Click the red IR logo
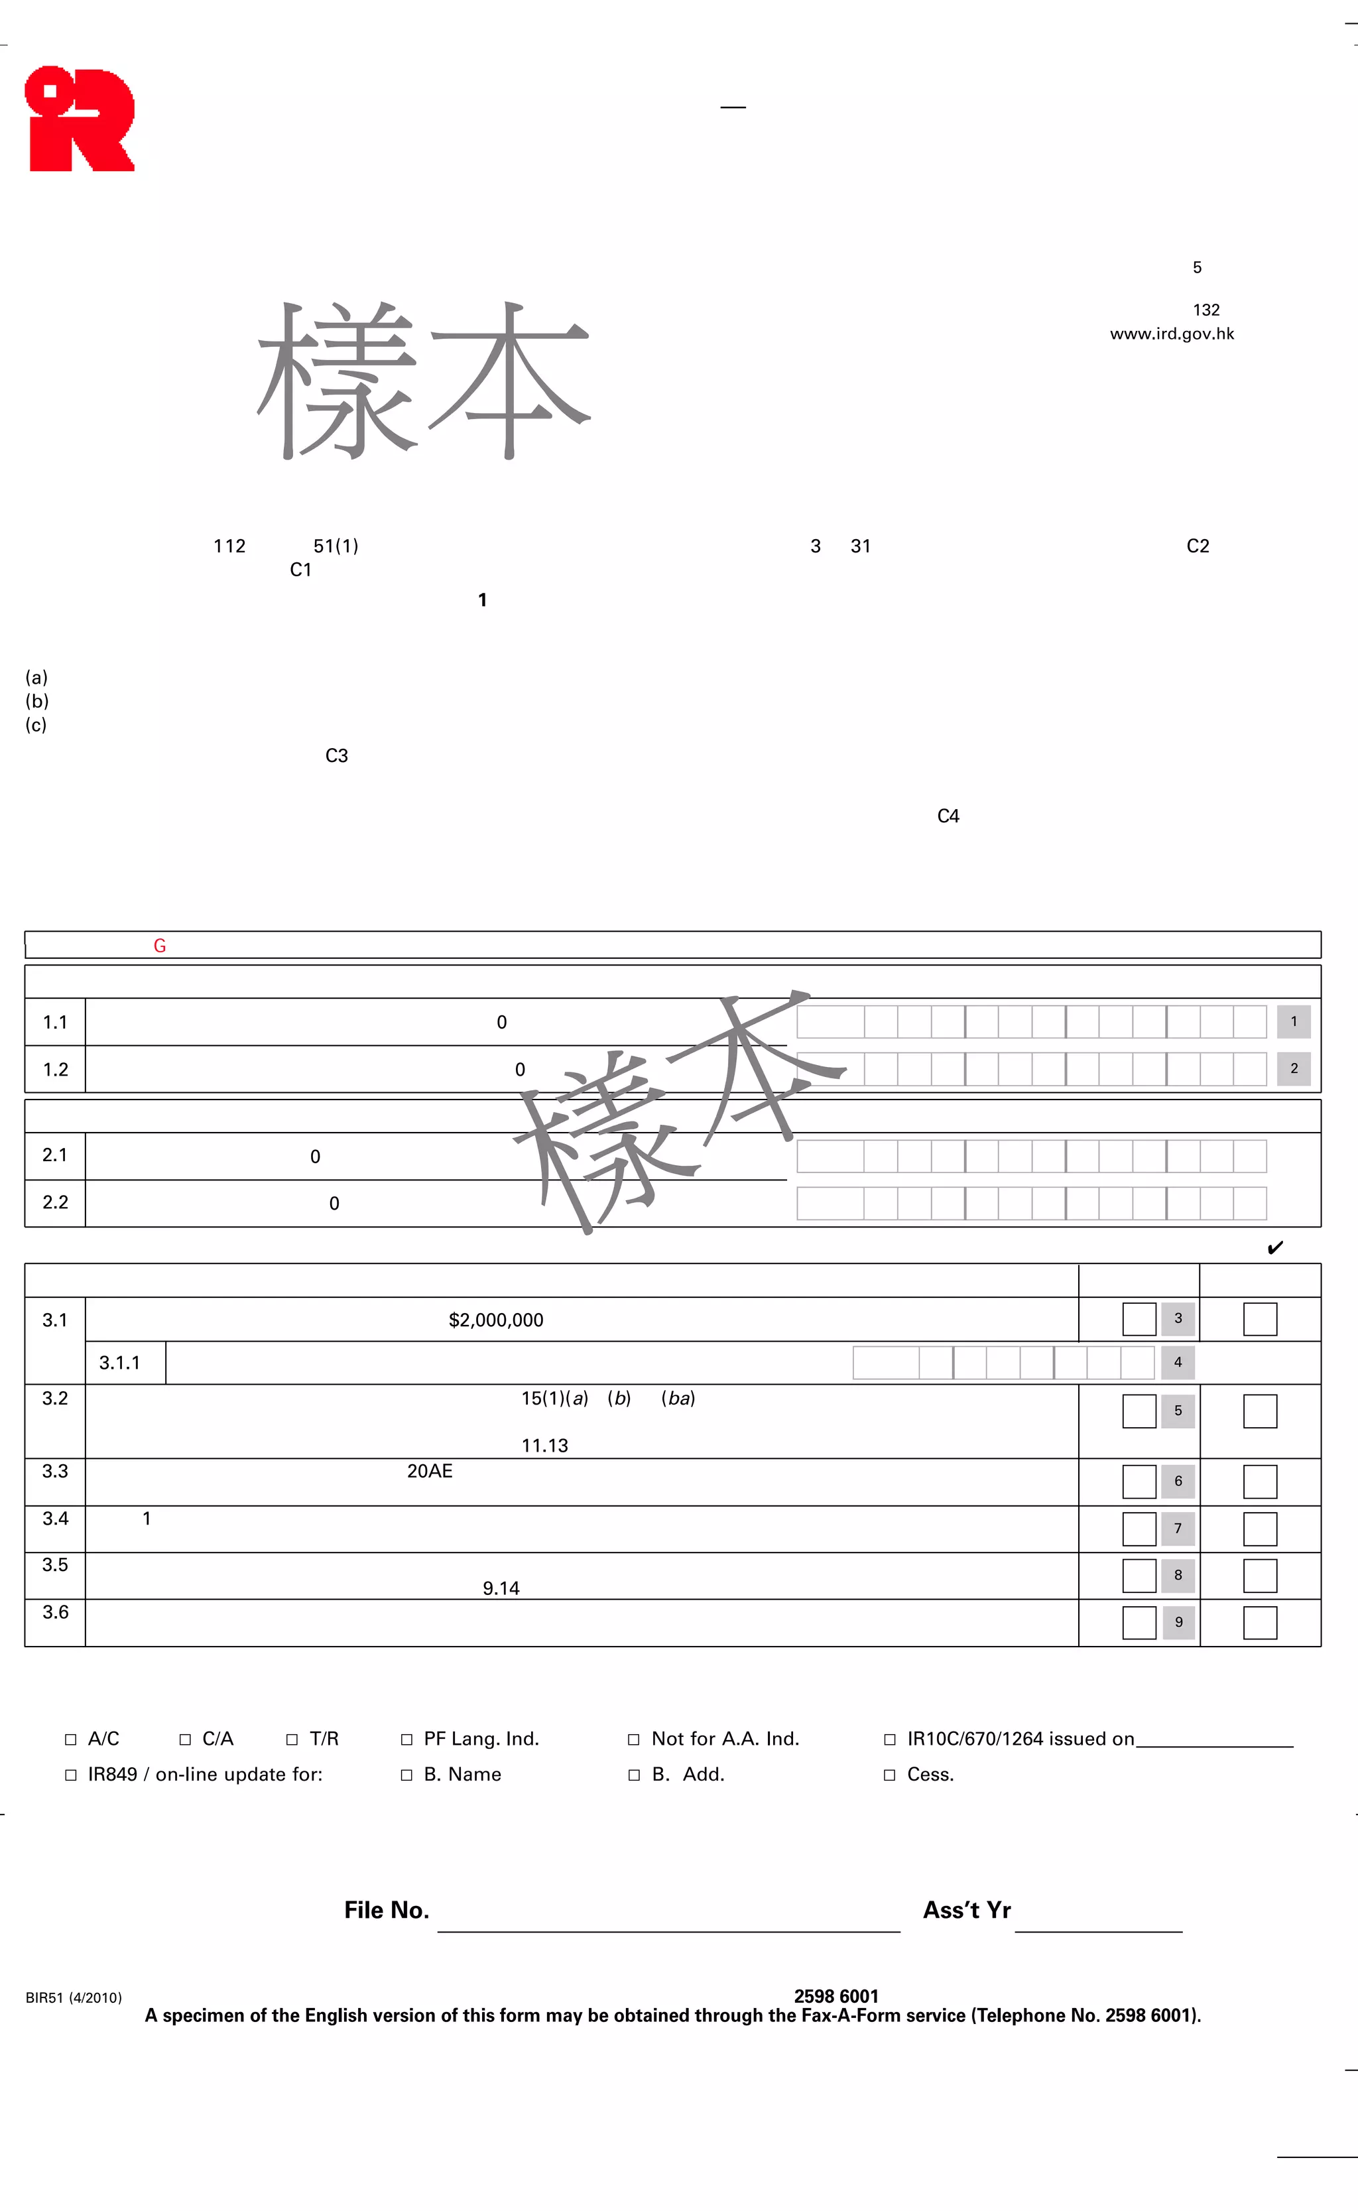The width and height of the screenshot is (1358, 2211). [x=80, y=119]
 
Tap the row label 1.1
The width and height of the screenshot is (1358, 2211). [x=55, y=1022]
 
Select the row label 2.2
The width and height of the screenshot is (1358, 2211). [x=55, y=1202]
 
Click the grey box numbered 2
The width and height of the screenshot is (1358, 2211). [x=1293, y=1068]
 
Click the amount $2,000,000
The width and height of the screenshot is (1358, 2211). [x=496, y=1320]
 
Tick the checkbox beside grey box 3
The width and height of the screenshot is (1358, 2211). [x=1139, y=1319]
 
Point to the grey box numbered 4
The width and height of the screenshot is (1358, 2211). [x=1178, y=1362]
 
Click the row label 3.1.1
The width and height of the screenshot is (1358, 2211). [x=119, y=1363]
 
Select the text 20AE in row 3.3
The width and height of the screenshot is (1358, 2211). [x=429, y=1471]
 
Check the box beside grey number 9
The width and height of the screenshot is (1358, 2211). [x=1139, y=1623]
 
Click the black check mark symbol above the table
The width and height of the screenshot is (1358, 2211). [x=1274, y=1248]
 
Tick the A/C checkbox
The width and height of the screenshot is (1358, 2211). [x=71, y=1739]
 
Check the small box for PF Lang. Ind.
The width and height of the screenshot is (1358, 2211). [x=406, y=1739]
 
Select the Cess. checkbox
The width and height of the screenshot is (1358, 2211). [x=889, y=1775]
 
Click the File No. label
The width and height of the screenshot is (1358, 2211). [x=386, y=1910]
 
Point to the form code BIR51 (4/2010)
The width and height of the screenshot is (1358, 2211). [x=74, y=1998]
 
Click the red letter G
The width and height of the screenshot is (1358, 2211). [x=160, y=946]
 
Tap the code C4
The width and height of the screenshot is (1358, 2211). [x=948, y=816]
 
